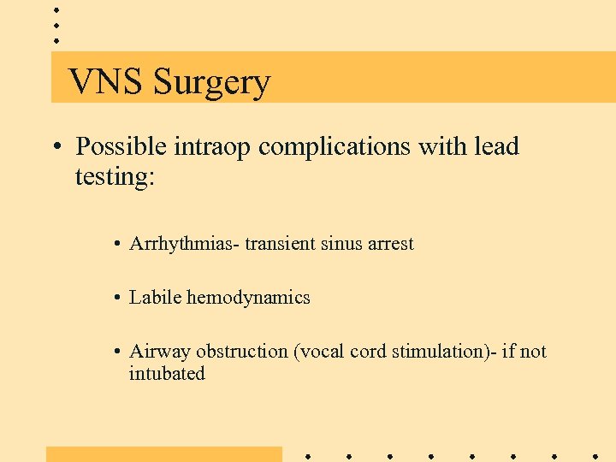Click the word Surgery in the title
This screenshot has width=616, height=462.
211,84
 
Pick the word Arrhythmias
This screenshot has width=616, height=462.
183,245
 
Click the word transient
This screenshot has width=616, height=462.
281,244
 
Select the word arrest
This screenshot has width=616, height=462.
390,245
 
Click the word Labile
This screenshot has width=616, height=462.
155,298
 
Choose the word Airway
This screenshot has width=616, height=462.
160,352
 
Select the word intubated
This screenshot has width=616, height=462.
167,374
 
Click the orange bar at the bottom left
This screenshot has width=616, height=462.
163,453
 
